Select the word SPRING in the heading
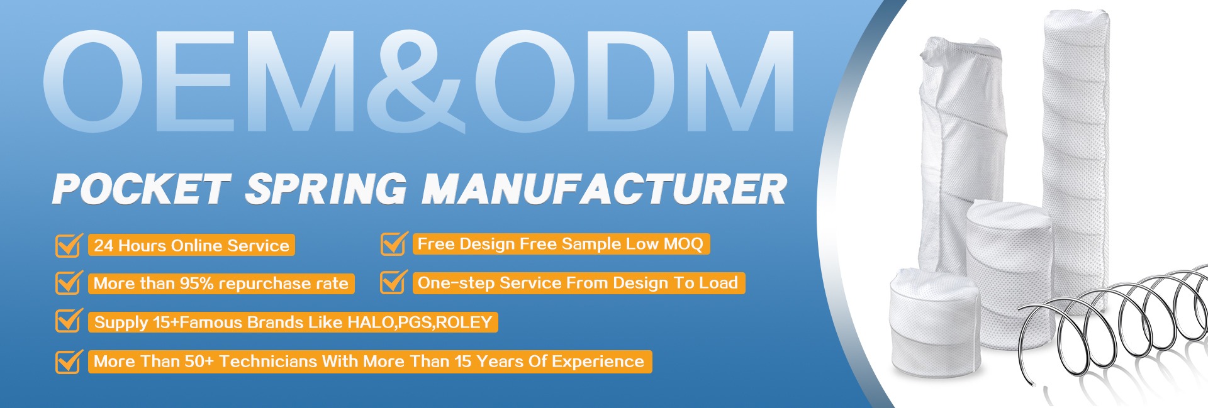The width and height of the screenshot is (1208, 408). [x=326, y=189]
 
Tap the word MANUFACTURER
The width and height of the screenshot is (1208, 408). [x=605, y=189]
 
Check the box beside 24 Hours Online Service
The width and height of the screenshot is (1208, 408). [x=69, y=245]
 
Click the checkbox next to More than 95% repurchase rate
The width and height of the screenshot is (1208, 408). [x=69, y=283]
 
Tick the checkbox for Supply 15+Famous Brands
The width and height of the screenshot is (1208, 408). [x=69, y=321]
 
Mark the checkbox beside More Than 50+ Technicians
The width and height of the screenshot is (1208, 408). [x=69, y=361]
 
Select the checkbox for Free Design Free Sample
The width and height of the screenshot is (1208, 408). [x=394, y=244]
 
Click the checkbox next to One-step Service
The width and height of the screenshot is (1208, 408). [x=394, y=282]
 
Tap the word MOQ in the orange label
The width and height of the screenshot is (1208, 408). [x=683, y=244]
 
